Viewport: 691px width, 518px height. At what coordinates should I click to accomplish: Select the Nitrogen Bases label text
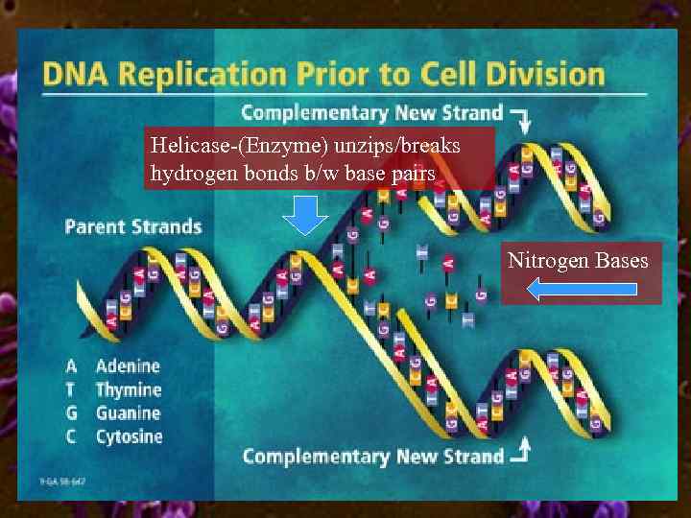[x=578, y=261]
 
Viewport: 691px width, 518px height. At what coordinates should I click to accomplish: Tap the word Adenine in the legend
[x=128, y=366]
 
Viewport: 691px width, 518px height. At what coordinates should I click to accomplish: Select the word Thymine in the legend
[x=129, y=389]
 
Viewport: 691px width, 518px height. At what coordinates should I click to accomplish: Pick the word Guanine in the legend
[x=128, y=413]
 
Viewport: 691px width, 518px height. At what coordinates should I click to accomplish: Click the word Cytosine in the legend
[x=130, y=436]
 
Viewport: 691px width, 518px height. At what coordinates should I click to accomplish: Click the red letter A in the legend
[x=71, y=366]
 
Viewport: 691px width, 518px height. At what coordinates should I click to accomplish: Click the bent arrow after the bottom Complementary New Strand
[x=522, y=449]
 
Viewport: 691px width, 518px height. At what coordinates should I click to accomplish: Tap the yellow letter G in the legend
[x=71, y=413]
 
